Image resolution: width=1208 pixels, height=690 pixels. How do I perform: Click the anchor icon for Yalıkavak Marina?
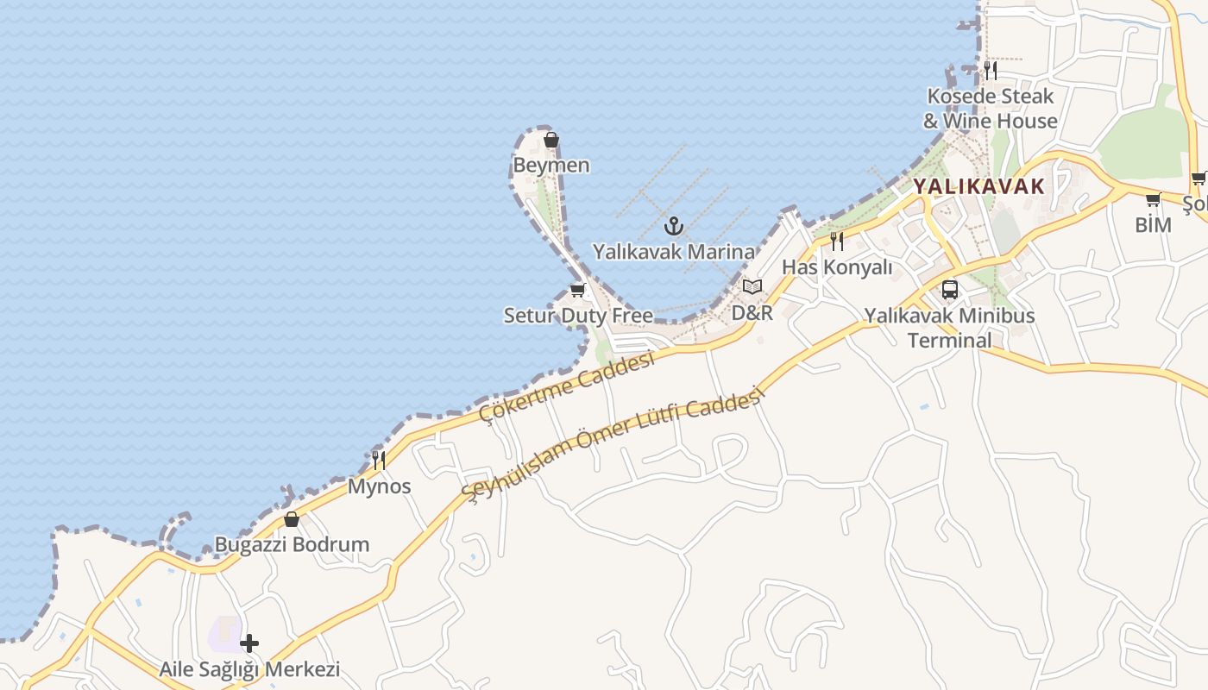[x=673, y=227]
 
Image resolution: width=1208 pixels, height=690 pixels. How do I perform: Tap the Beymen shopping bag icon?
[x=551, y=140]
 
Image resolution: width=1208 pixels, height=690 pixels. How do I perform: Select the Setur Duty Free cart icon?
[x=577, y=291]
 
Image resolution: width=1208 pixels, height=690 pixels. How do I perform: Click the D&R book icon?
[x=752, y=287]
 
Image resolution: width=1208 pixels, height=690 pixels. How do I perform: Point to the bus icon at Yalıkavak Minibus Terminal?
[x=950, y=290]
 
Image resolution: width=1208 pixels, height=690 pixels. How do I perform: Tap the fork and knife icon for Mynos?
[x=378, y=461]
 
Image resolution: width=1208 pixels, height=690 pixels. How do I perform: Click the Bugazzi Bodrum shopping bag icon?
[x=292, y=519]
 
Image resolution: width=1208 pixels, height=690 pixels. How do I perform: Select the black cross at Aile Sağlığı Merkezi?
[x=249, y=643]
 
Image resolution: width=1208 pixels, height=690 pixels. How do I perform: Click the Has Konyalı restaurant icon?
[x=836, y=241]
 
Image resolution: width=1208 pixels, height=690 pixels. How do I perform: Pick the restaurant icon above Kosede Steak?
[x=991, y=71]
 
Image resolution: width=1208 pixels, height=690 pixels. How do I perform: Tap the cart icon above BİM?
[x=1153, y=200]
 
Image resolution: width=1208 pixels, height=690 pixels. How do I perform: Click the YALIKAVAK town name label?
[x=978, y=185]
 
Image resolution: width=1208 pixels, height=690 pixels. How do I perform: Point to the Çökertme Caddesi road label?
[x=567, y=388]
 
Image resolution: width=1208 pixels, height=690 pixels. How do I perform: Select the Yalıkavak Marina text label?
[x=673, y=252]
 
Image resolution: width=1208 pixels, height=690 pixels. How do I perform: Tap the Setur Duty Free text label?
[x=578, y=316]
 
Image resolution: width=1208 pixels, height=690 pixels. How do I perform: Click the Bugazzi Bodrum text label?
[x=292, y=545]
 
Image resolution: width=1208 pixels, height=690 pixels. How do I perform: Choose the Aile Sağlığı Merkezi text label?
[x=249, y=669]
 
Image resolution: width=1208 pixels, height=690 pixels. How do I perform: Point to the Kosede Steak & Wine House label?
[x=991, y=109]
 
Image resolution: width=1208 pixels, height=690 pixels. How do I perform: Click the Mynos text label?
[x=379, y=486]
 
